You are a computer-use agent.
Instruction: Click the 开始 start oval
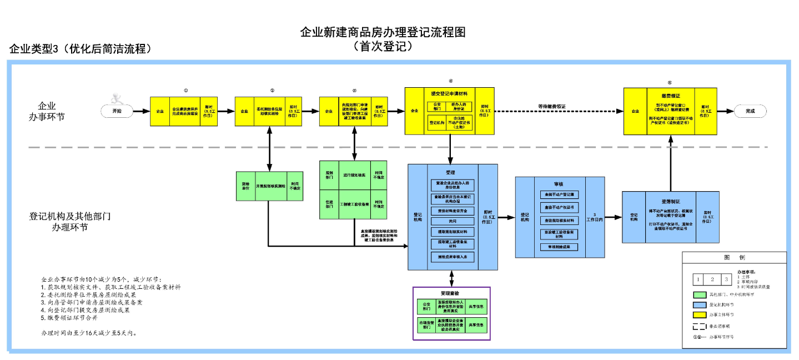click(117, 111)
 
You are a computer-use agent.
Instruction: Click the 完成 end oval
click(750, 111)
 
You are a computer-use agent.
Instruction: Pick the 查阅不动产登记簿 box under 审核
click(559, 195)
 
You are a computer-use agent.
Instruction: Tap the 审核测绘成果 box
click(559, 247)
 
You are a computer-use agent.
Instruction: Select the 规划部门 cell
click(329, 176)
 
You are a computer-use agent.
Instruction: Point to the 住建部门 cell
click(329, 205)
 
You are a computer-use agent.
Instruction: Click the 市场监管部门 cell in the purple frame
click(426, 325)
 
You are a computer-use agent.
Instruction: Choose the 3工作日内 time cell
click(595, 218)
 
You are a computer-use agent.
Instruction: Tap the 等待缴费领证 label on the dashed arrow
click(551, 106)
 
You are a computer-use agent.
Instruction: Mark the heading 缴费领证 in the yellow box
click(670, 96)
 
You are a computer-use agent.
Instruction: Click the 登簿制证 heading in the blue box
click(671, 201)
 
